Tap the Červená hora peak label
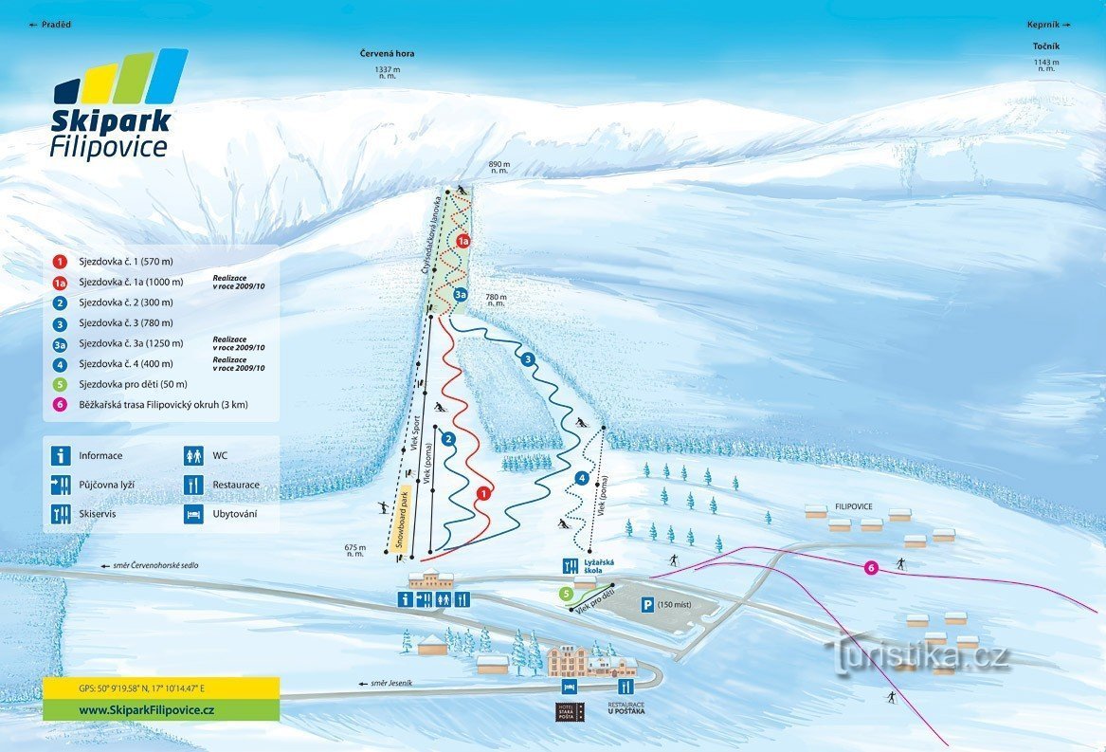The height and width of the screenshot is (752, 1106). pyautogui.click(x=387, y=54)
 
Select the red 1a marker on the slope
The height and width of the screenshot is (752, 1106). pyautogui.click(x=462, y=242)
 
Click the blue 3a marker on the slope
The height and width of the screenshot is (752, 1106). pyautogui.click(x=460, y=295)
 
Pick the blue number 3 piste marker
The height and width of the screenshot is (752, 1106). pyautogui.click(x=528, y=358)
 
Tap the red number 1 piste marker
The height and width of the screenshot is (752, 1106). pyautogui.click(x=483, y=493)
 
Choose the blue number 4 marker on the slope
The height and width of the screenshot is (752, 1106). pyautogui.click(x=582, y=478)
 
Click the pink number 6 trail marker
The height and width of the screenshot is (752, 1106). pyautogui.click(x=870, y=568)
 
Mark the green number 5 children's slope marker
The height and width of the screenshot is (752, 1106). pyautogui.click(x=566, y=595)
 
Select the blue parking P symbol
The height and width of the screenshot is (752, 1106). pyautogui.click(x=646, y=604)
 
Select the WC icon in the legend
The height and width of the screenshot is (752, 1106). pyautogui.click(x=193, y=456)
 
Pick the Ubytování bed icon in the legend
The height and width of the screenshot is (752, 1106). pyautogui.click(x=193, y=514)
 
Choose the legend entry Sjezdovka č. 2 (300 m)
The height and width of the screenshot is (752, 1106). pyautogui.click(x=132, y=303)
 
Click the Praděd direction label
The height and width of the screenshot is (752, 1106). pyautogui.click(x=51, y=25)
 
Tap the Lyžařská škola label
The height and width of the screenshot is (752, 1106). pyautogui.click(x=599, y=566)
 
